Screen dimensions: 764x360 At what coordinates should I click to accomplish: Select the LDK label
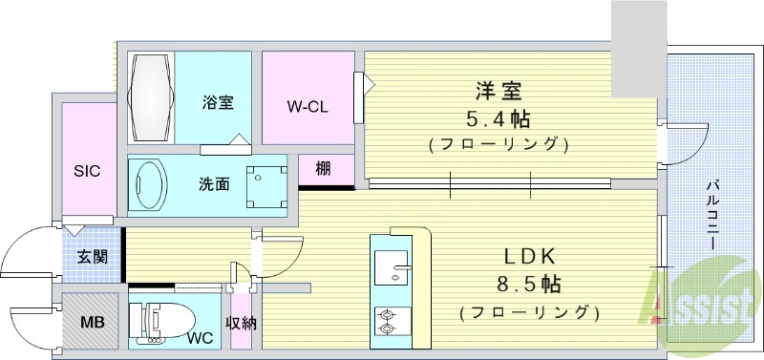point(524,257)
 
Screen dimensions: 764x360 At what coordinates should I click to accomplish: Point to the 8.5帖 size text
point(526,285)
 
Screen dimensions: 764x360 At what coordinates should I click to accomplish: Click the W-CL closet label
point(308,106)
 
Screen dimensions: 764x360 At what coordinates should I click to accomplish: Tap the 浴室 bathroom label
point(218,102)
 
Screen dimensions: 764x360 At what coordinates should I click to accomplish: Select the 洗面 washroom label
point(213,183)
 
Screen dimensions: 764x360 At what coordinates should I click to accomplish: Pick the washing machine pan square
point(265,184)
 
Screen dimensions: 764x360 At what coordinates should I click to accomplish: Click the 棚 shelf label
point(323,169)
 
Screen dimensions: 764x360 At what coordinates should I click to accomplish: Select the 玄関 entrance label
point(93,256)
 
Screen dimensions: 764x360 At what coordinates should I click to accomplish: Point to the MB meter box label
point(92,323)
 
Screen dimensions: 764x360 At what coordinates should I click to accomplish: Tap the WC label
point(201,338)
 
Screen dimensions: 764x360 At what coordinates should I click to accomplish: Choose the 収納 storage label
point(241,323)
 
